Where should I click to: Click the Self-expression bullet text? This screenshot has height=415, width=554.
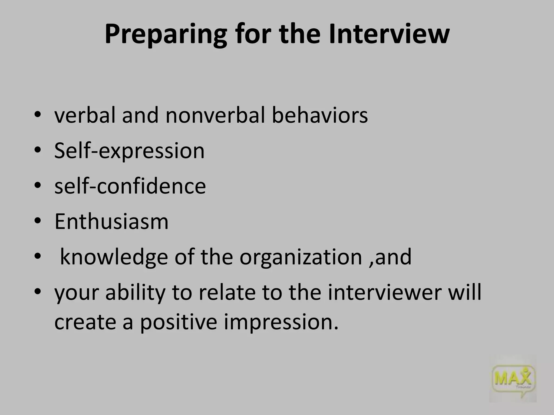click(x=129, y=151)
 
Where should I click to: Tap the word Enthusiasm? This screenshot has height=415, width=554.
click(x=111, y=221)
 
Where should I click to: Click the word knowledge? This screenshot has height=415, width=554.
click(x=114, y=257)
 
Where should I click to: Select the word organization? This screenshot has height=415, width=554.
click(x=301, y=257)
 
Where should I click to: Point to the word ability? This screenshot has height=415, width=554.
click(x=135, y=293)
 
